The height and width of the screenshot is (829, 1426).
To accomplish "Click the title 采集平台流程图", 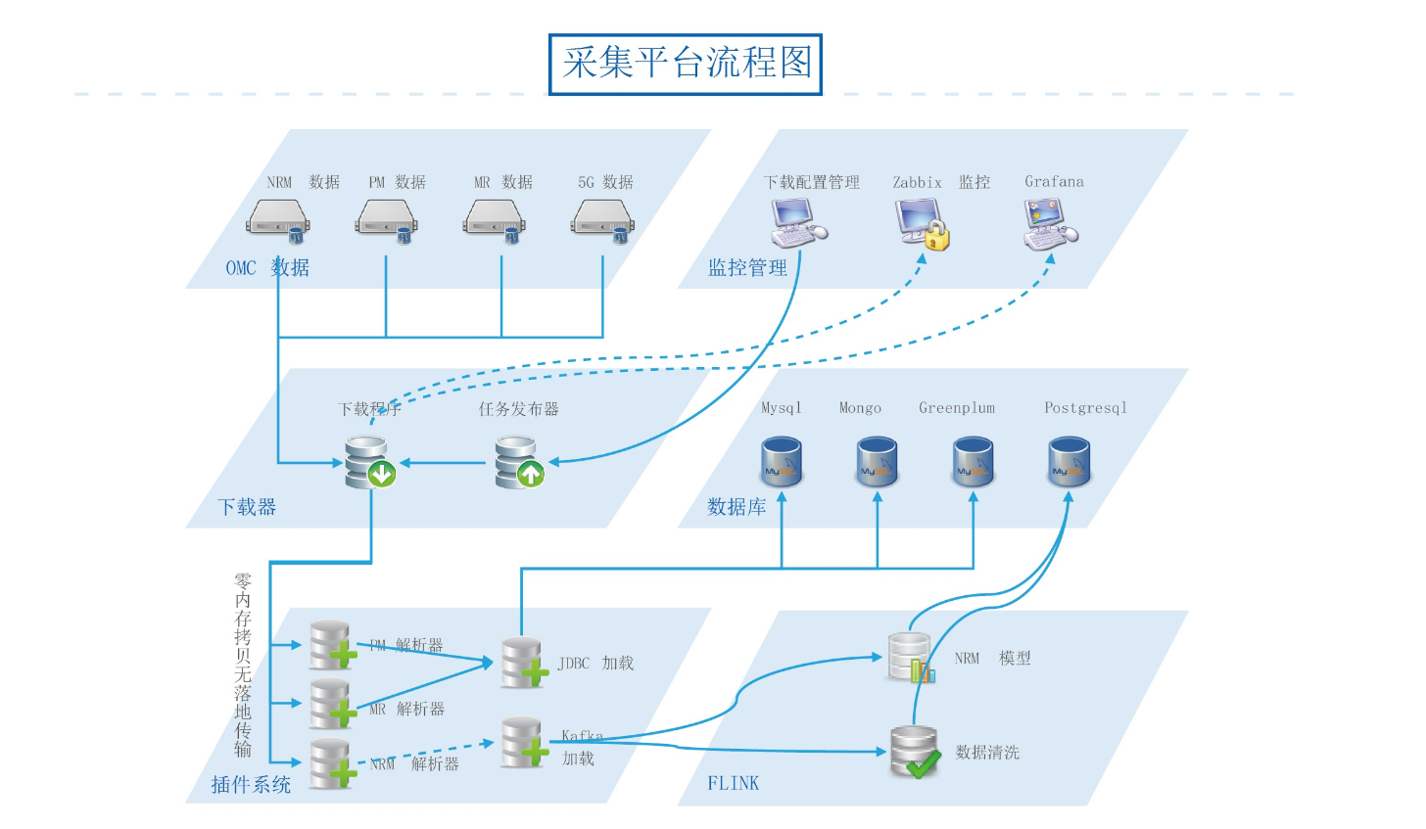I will click(686, 64).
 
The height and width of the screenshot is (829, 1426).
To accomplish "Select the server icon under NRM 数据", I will click(278, 219).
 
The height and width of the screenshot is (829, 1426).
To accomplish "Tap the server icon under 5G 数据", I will click(602, 219).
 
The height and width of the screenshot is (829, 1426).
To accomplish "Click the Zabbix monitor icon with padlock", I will click(923, 223).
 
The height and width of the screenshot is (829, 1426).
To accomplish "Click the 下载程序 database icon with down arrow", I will click(369, 462).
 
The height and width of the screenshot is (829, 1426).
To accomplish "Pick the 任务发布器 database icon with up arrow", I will click(518, 462).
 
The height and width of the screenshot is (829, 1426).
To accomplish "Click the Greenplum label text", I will click(957, 408).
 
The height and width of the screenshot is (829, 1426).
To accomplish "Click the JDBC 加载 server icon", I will click(523, 662).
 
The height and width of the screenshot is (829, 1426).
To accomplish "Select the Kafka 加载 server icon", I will click(523, 744).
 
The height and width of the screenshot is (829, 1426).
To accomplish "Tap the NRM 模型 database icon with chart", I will click(910, 657).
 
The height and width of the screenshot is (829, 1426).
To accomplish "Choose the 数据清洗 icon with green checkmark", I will click(915, 752).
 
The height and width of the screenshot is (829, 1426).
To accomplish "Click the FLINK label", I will click(734, 783).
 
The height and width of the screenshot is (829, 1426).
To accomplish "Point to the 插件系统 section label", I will click(251, 784).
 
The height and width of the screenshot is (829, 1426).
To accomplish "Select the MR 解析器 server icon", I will click(332, 703).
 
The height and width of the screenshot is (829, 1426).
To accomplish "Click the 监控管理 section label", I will click(747, 268).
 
